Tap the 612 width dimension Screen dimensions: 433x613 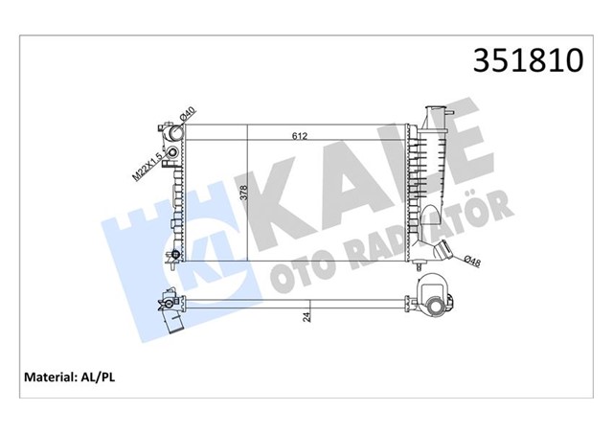299,136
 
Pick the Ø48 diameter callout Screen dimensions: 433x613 471,260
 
